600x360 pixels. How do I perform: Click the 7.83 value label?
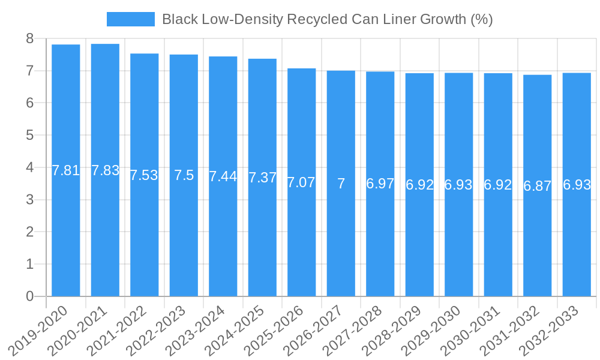(105, 170)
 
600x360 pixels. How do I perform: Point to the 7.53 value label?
(144, 175)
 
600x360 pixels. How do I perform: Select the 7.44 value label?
(223, 176)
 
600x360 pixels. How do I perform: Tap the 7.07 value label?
(301, 182)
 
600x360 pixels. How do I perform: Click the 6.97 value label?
(380, 184)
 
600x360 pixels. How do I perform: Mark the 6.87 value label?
(537, 186)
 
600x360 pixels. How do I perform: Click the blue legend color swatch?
(130, 19)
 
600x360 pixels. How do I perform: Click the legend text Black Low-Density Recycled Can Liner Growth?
(327, 19)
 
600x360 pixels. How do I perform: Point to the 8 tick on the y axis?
(29, 39)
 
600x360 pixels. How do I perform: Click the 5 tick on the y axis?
(29, 136)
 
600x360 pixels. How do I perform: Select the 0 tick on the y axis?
(29, 296)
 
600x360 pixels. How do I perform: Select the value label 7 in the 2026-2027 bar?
(341, 184)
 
